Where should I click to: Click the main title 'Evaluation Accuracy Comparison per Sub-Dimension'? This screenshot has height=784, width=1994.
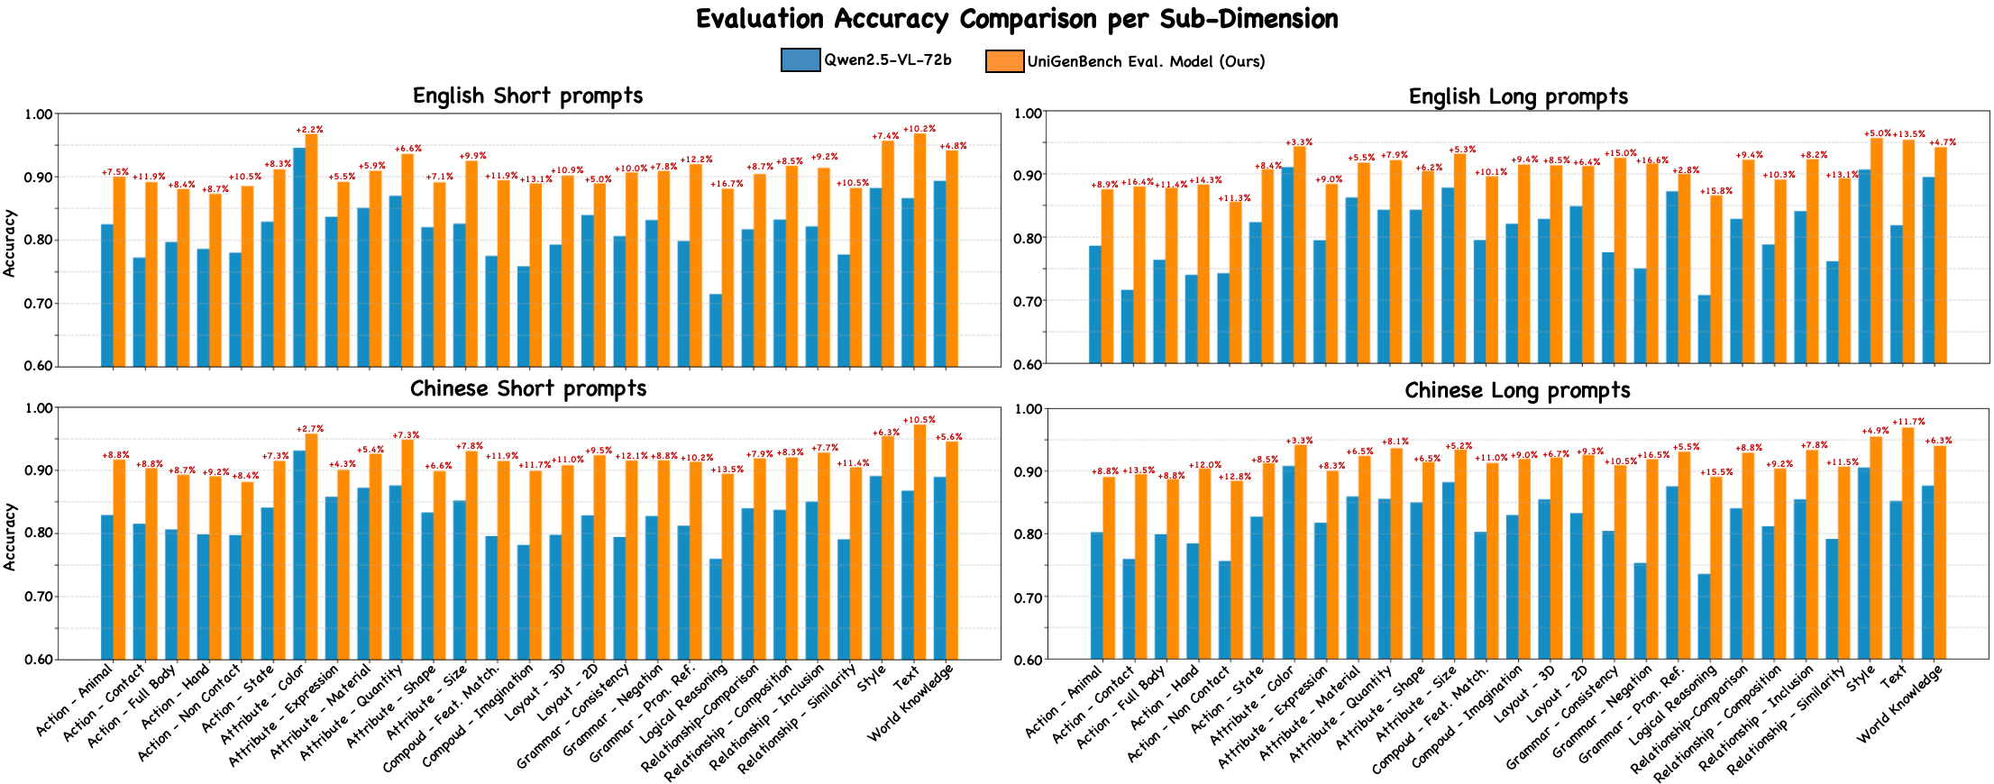[1016, 19]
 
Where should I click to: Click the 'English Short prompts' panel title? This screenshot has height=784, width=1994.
[527, 96]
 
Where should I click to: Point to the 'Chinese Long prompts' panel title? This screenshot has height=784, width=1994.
[1517, 390]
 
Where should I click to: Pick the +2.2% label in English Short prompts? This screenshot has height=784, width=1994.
[309, 130]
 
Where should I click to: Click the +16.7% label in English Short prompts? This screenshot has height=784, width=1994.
[727, 184]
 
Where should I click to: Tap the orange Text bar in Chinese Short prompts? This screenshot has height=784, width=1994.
[919, 541]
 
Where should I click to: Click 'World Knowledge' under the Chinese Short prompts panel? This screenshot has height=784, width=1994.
[912, 703]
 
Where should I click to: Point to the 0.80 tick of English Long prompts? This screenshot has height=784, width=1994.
[1029, 238]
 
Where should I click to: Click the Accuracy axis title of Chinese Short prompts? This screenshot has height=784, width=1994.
[10, 536]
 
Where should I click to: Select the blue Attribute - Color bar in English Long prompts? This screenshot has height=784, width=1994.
[1287, 265]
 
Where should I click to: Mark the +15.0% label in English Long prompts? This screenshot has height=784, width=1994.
[1620, 153]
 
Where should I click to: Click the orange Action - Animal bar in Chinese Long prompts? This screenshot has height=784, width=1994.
[1109, 568]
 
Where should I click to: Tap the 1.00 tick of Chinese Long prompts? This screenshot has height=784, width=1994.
[1029, 409]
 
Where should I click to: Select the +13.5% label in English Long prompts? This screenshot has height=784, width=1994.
[1908, 134]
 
